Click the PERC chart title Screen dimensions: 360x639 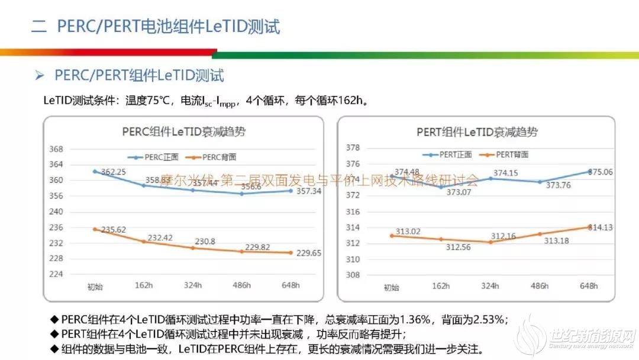(x=183, y=131)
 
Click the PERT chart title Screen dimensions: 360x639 (x=477, y=132)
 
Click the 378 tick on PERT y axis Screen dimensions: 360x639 (x=353, y=147)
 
